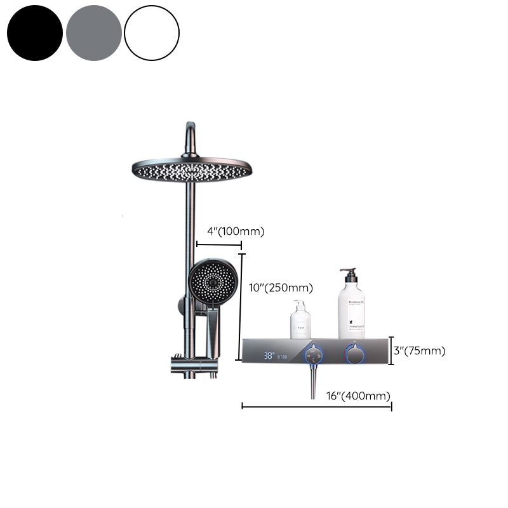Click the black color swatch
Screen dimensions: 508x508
(x=35, y=33)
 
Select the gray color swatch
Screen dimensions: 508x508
(x=93, y=33)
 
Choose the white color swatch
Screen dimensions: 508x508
(x=152, y=33)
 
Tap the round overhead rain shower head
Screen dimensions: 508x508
(x=192, y=169)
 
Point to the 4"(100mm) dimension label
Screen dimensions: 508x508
(x=235, y=232)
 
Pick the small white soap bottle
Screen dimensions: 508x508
(x=300, y=322)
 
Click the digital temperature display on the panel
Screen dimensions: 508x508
(x=275, y=357)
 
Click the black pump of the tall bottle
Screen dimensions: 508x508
(x=347, y=274)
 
